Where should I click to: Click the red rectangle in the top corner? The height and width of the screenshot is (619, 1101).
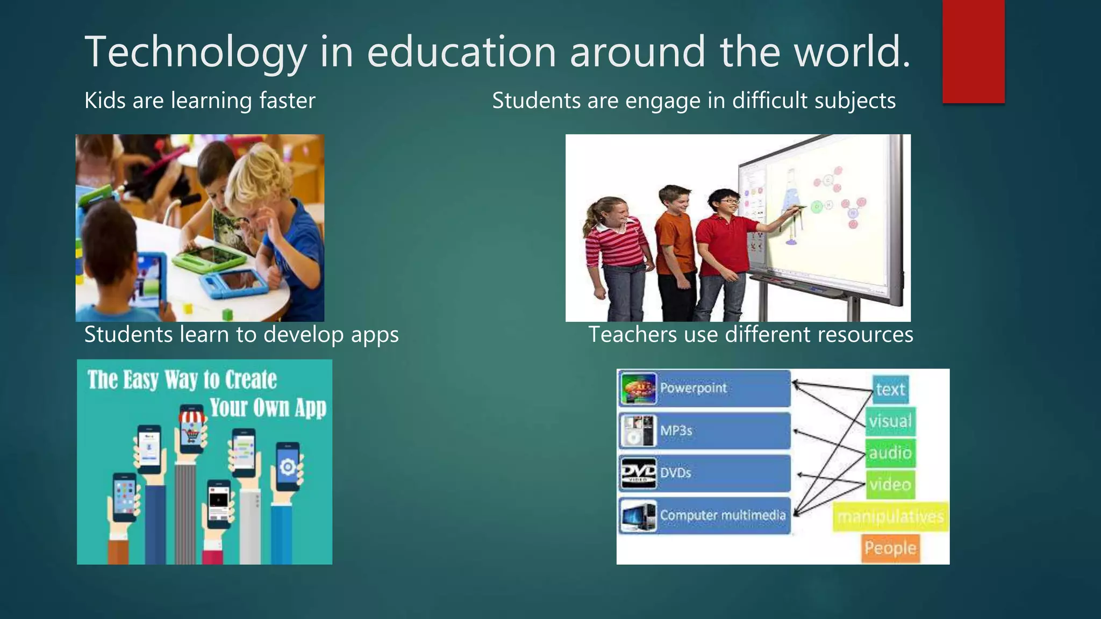click(973, 52)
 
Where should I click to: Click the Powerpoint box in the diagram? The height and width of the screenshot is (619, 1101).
click(704, 388)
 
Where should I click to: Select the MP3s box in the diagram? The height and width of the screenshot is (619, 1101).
click(704, 430)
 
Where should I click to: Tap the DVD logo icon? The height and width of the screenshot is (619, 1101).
click(638, 473)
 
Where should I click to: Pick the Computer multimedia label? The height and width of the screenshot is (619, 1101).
click(723, 515)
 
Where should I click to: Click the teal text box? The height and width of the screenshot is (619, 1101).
click(890, 389)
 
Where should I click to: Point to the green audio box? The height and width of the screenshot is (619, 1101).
click(890, 453)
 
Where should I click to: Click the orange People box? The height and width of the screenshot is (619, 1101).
click(890, 548)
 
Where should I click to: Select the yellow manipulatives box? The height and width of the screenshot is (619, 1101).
click(890, 516)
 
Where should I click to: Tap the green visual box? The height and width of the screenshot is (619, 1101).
click(890, 421)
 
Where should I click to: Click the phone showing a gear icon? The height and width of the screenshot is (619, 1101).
click(288, 466)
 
